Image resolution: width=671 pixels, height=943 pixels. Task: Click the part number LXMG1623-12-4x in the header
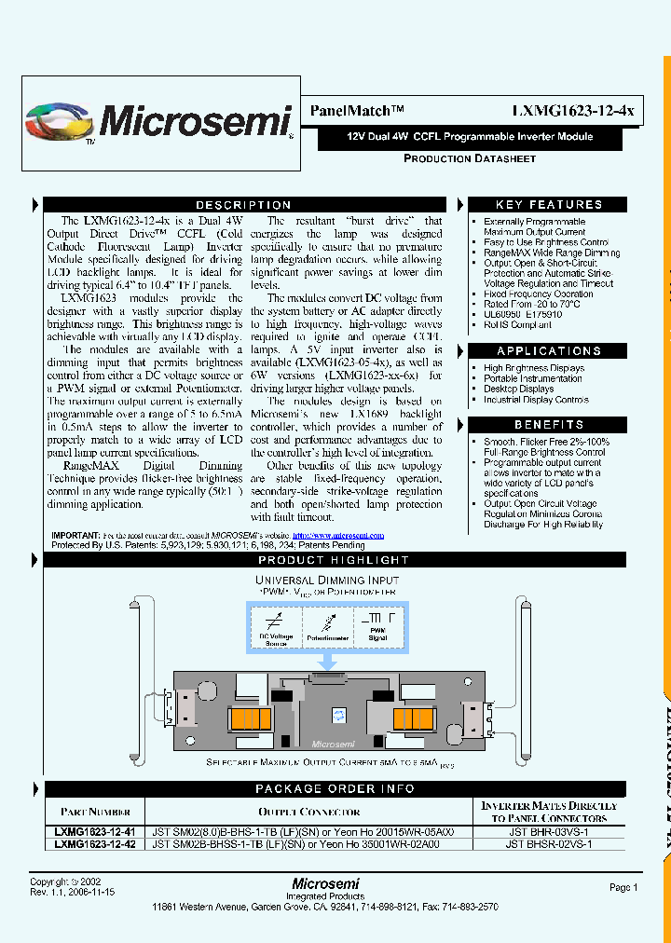[572, 110]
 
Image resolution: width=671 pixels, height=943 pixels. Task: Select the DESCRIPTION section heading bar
[243, 205]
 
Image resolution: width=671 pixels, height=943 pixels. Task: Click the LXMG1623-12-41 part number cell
[93, 830]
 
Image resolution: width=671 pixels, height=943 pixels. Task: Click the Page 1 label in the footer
[623, 888]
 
